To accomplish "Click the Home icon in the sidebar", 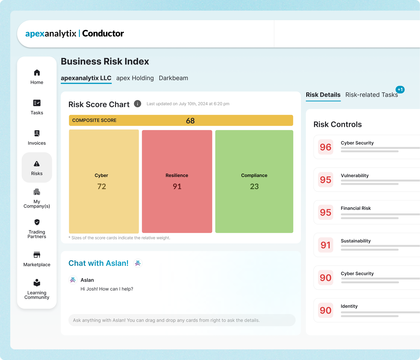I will [37, 73].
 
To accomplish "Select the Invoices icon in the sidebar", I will [37, 133].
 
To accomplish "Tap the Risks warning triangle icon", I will [37, 164].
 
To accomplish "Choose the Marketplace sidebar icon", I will [37, 255].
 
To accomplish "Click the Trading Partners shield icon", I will [37, 222].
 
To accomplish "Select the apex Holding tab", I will [135, 78].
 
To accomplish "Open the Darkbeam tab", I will [173, 78].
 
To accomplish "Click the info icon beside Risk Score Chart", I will [138, 104].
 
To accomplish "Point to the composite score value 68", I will [190, 121].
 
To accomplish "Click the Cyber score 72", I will [102, 187].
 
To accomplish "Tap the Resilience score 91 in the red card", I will [177, 187].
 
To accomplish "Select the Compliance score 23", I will [254, 187].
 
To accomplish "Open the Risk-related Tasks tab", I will [371, 95].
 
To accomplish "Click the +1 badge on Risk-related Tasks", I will [400, 90].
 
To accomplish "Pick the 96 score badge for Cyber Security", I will [326, 147].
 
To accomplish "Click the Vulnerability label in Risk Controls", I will [355, 176].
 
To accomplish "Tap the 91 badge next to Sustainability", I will [326, 245].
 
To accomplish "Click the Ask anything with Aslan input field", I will [182, 320].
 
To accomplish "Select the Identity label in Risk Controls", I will [349, 306].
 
